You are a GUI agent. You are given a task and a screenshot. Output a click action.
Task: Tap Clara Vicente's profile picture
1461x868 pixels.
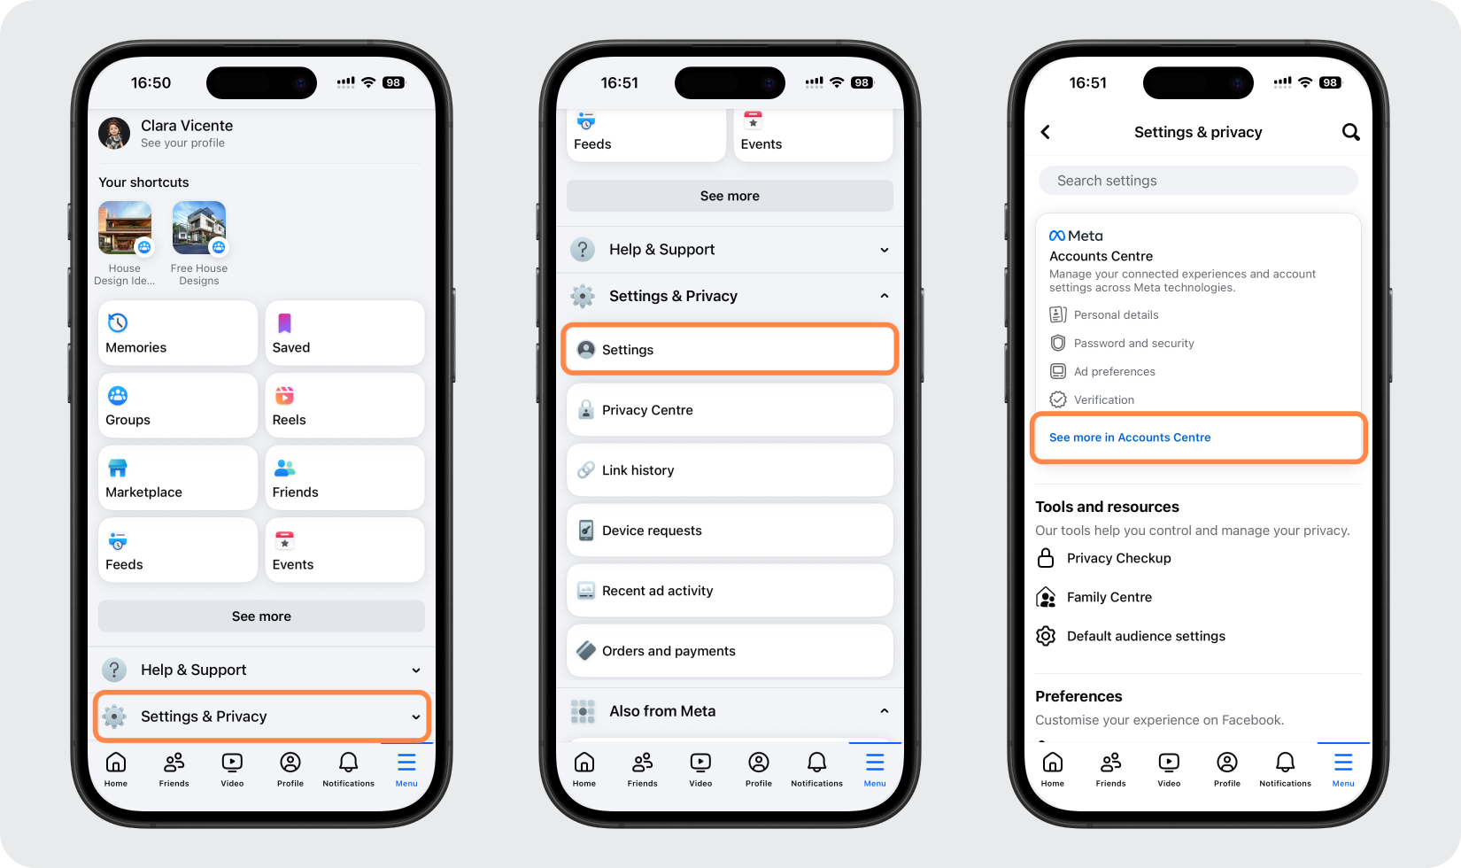(114, 133)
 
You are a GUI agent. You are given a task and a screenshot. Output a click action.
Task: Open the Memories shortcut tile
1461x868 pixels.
(177, 333)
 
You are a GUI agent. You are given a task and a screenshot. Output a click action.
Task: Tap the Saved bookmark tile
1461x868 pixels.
(344, 333)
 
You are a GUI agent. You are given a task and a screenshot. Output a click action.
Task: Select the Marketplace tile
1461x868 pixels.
(177, 477)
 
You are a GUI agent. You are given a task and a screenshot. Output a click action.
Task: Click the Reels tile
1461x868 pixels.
(344, 406)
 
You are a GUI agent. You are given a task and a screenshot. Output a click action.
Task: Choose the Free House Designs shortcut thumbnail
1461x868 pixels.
(199, 228)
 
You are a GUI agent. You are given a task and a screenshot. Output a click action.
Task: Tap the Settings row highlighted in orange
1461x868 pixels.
(730, 349)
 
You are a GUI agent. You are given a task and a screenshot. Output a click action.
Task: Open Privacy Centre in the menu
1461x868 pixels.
(730, 410)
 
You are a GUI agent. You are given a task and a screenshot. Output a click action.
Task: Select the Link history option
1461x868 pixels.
(730, 470)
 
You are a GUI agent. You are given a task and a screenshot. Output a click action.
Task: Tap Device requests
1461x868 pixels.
(730, 530)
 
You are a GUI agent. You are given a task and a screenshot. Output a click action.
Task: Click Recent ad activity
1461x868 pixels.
(730, 591)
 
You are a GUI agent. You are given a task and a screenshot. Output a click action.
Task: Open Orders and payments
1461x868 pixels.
(730, 651)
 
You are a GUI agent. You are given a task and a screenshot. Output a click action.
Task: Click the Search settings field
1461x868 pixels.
(1198, 181)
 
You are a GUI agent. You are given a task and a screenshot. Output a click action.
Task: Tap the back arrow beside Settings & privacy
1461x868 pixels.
(1046, 133)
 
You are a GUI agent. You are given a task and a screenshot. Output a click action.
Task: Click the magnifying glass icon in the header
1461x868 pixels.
(1351, 133)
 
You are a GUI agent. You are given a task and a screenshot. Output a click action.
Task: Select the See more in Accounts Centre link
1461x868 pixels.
(1130, 438)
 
